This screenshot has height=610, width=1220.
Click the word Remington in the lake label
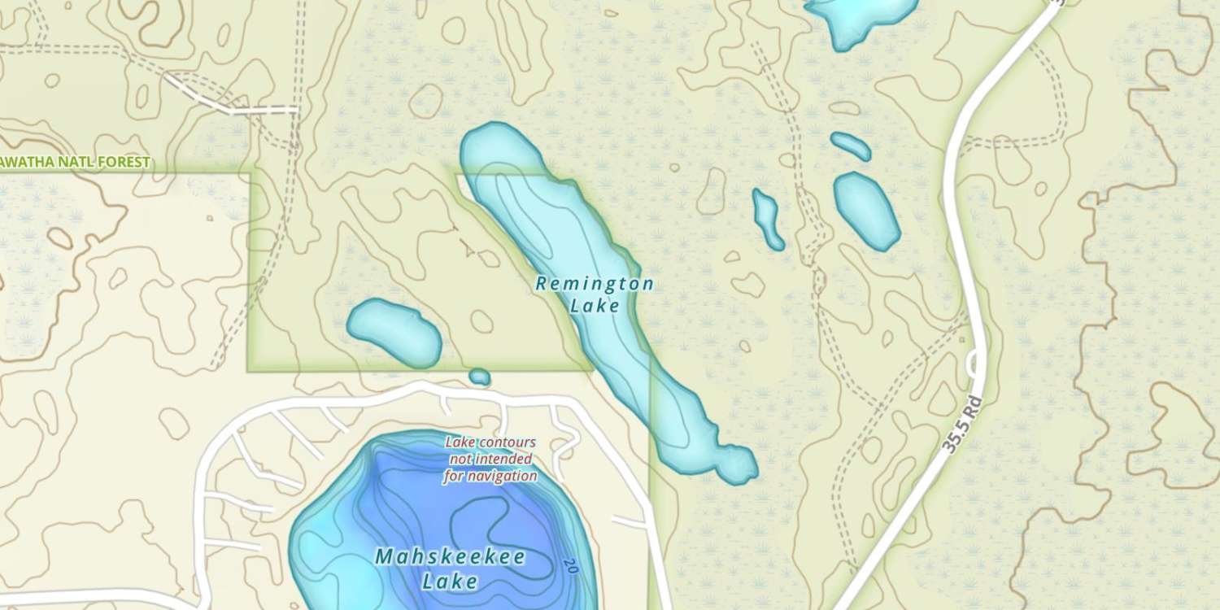pos(595,284)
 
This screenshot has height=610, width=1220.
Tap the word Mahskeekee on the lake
pos(450,557)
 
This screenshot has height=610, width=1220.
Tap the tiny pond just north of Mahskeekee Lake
pos(480,377)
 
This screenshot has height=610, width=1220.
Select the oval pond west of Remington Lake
pos(394,331)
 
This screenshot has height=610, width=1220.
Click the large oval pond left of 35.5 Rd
pos(867,210)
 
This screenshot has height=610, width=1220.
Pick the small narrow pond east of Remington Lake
pos(767,218)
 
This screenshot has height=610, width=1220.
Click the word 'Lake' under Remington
pos(595,306)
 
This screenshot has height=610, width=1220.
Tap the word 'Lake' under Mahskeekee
pos(450,582)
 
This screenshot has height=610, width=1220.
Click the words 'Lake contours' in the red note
pos(490,442)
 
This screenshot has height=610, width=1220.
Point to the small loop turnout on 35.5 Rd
pos(973,364)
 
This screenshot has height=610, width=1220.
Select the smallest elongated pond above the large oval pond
pos(851,146)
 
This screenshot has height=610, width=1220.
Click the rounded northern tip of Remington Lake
pos(493,146)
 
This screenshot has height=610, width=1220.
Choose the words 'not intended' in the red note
pos(490,460)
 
